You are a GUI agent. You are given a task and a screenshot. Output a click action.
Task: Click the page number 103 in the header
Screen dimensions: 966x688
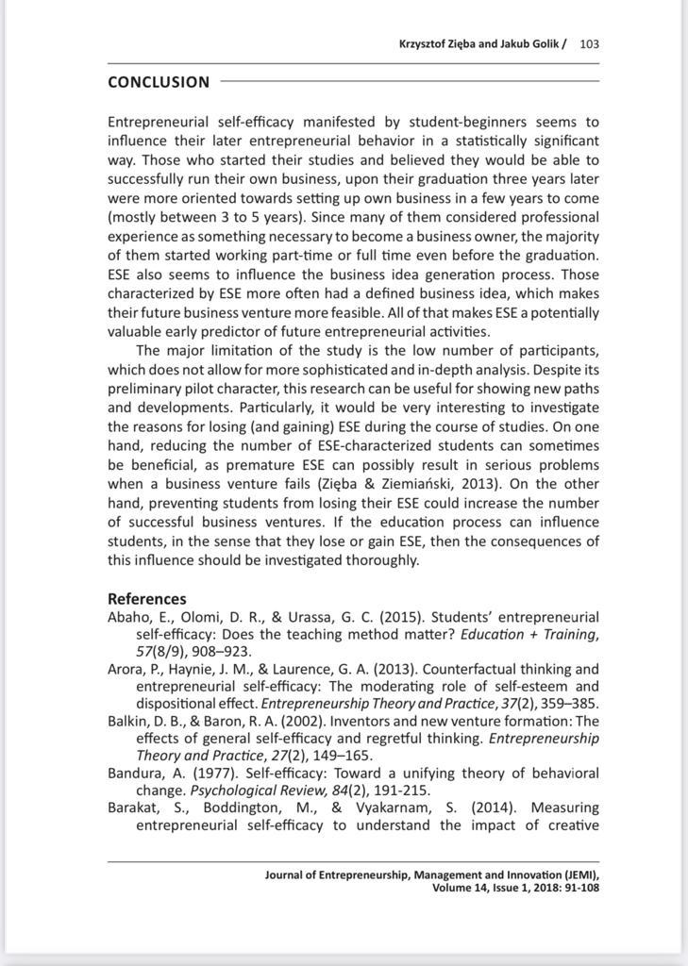[590, 43]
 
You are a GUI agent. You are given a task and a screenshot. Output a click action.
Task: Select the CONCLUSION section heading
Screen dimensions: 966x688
[159, 82]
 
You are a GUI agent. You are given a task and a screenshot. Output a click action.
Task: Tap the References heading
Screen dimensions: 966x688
[146, 598]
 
